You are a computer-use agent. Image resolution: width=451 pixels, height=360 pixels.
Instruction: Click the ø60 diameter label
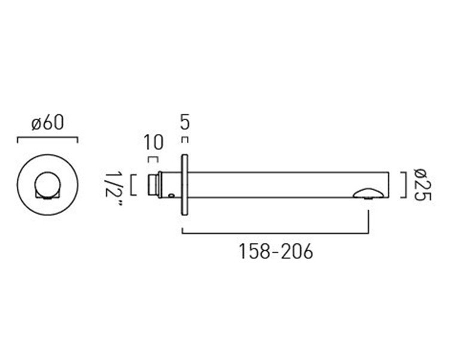[48, 123]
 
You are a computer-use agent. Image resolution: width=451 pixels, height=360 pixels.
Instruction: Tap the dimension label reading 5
[185, 121]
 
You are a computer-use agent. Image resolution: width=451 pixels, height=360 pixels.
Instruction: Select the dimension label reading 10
[154, 142]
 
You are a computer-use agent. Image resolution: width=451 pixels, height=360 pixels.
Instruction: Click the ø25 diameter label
[422, 185]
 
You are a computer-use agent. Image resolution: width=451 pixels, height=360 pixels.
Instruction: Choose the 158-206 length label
[275, 251]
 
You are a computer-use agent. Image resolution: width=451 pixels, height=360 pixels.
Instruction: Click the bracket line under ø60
[47, 138]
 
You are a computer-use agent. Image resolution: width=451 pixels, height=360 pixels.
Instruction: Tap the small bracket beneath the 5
[185, 140]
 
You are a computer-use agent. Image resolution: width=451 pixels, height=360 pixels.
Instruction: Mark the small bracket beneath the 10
[153, 159]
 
